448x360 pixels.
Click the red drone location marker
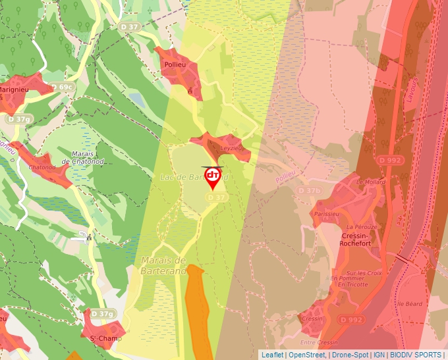(x=213, y=176)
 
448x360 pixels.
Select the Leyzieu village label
(x=231, y=149)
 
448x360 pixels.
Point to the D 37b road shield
(x=309, y=191)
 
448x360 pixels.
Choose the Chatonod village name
(x=42, y=167)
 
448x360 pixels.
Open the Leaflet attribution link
(x=272, y=355)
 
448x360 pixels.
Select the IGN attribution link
(x=379, y=355)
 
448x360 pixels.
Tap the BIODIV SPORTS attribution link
(x=416, y=355)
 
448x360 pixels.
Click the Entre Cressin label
(x=319, y=343)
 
